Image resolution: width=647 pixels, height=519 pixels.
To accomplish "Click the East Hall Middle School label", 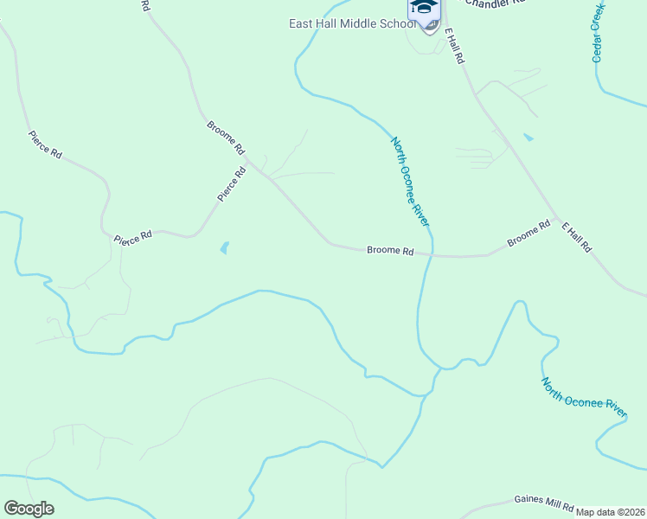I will click(x=345, y=23).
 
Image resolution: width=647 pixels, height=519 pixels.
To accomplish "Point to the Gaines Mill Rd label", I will click(x=544, y=500).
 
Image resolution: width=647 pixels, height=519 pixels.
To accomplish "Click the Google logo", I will click(x=29, y=509).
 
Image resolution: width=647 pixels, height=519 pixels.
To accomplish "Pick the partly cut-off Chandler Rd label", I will click(x=495, y=3).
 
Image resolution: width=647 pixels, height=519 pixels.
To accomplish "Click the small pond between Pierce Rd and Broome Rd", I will click(x=226, y=248).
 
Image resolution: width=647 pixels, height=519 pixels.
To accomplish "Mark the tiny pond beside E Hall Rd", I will click(x=528, y=137).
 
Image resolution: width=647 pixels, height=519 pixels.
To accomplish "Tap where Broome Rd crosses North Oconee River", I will click(x=431, y=256).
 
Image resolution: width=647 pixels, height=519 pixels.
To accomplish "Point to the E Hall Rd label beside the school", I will click(x=455, y=46).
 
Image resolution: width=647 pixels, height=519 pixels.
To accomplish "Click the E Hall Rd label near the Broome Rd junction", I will click(x=577, y=238).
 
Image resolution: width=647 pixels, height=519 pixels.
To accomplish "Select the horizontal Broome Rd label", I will click(x=390, y=251).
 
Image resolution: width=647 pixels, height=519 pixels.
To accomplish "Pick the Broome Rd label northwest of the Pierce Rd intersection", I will click(x=225, y=138).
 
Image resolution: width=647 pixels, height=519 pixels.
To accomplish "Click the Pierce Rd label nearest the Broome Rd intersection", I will click(x=232, y=183).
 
